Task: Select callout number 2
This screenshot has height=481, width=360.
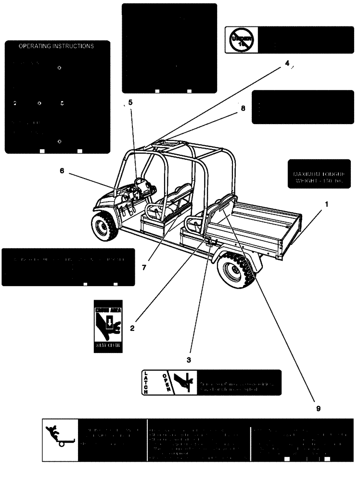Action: pyautogui.click(x=132, y=329)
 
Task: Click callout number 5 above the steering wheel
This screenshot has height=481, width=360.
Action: pyautogui.click(x=129, y=102)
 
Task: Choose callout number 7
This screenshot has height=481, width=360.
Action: pyautogui.click(x=144, y=266)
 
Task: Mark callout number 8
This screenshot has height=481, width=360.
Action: pyautogui.click(x=243, y=109)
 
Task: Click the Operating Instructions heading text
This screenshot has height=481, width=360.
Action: pyautogui.click(x=56, y=47)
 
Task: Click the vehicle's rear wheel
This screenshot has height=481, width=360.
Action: pyautogui.click(x=238, y=270)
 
